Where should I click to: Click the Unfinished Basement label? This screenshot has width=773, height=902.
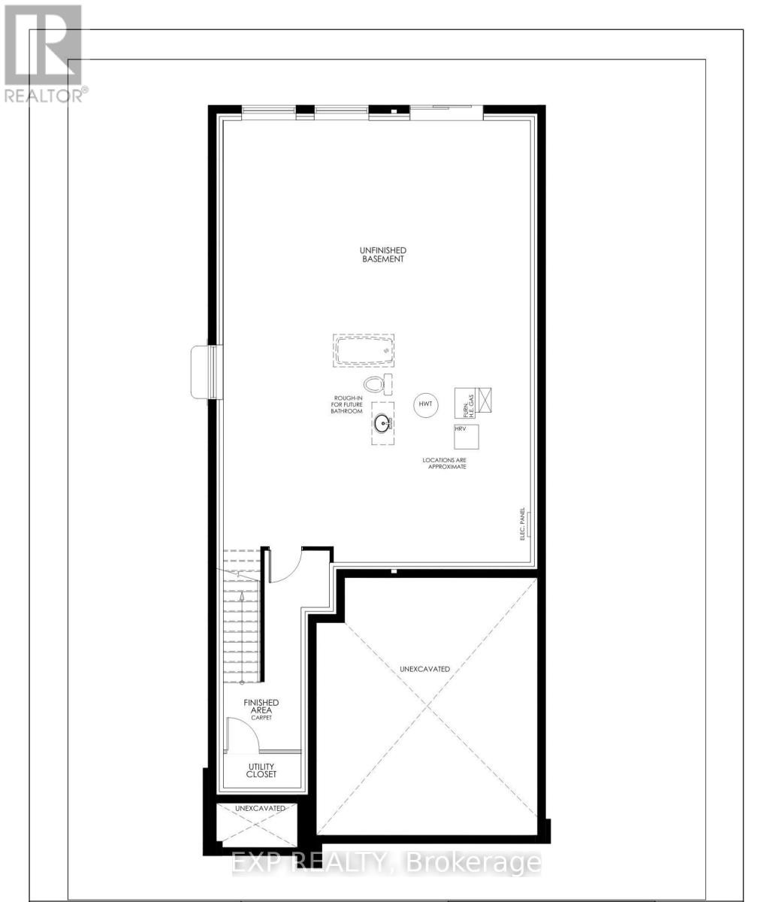pyautogui.click(x=382, y=254)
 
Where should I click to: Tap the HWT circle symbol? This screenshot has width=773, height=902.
pyautogui.click(x=425, y=404)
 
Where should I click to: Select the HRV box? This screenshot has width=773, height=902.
pyautogui.click(x=467, y=437)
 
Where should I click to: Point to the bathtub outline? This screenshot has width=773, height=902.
pyautogui.click(x=364, y=351)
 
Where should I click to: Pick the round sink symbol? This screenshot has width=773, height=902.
pyautogui.click(x=383, y=424)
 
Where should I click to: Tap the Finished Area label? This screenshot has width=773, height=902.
pyautogui.click(x=261, y=707)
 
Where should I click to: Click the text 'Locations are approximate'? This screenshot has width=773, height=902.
pyautogui.click(x=448, y=462)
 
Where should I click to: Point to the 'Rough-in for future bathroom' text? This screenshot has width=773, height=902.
pyautogui.click(x=346, y=405)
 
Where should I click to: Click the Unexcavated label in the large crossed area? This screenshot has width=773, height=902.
pyautogui.click(x=424, y=668)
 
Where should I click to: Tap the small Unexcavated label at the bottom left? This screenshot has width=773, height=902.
pyautogui.click(x=260, y=808)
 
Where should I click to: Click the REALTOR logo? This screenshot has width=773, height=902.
pyautogui.click(x=43, y=53)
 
